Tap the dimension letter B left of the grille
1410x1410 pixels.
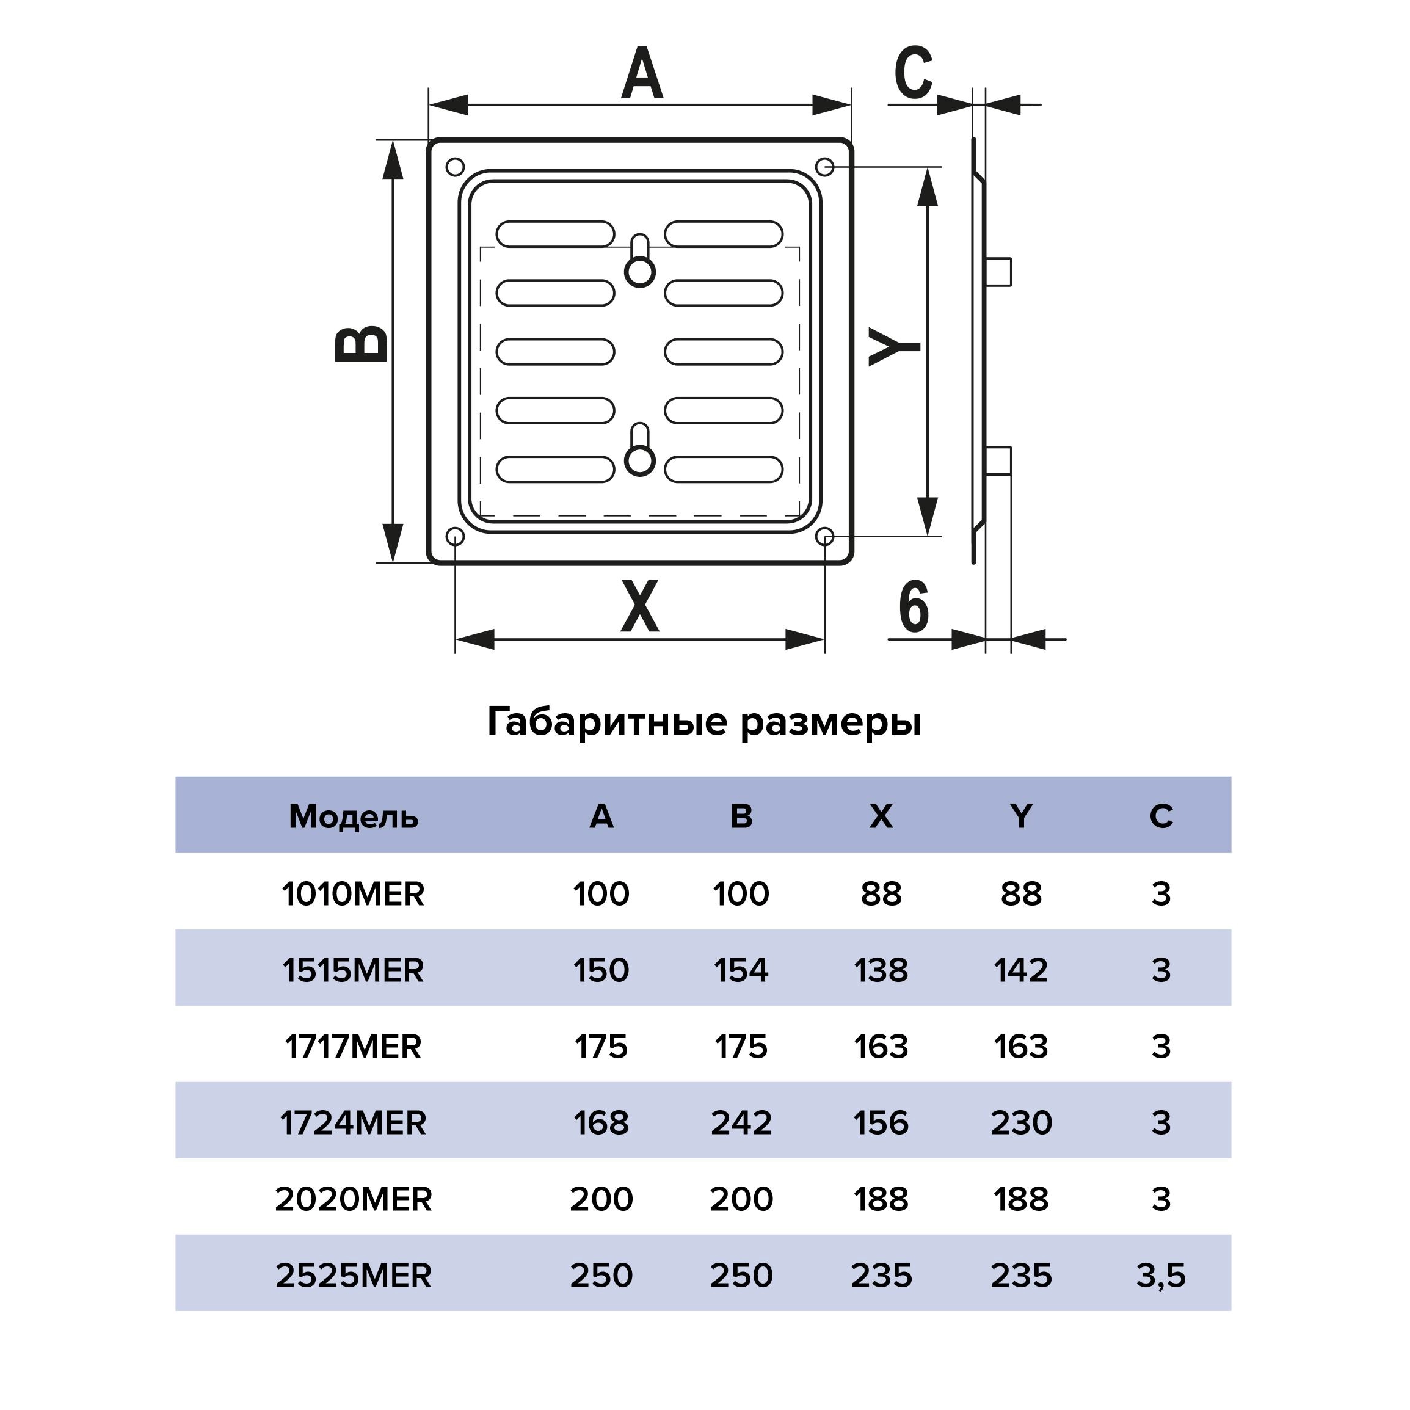point(362,344)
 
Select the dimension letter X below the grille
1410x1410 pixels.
point(639,606)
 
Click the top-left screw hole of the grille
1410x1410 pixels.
point(455,167)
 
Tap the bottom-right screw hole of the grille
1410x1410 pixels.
point(825,537)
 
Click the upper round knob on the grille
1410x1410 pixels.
point(640,272)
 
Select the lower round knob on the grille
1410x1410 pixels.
point(640,460)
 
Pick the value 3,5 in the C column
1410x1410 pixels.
point(1160,1276)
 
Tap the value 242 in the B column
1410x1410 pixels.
point(741,1122)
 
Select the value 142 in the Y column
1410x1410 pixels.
point(1020,970)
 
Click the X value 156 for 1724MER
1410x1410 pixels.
point(881,1122)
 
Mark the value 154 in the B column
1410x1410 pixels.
point(741,970)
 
